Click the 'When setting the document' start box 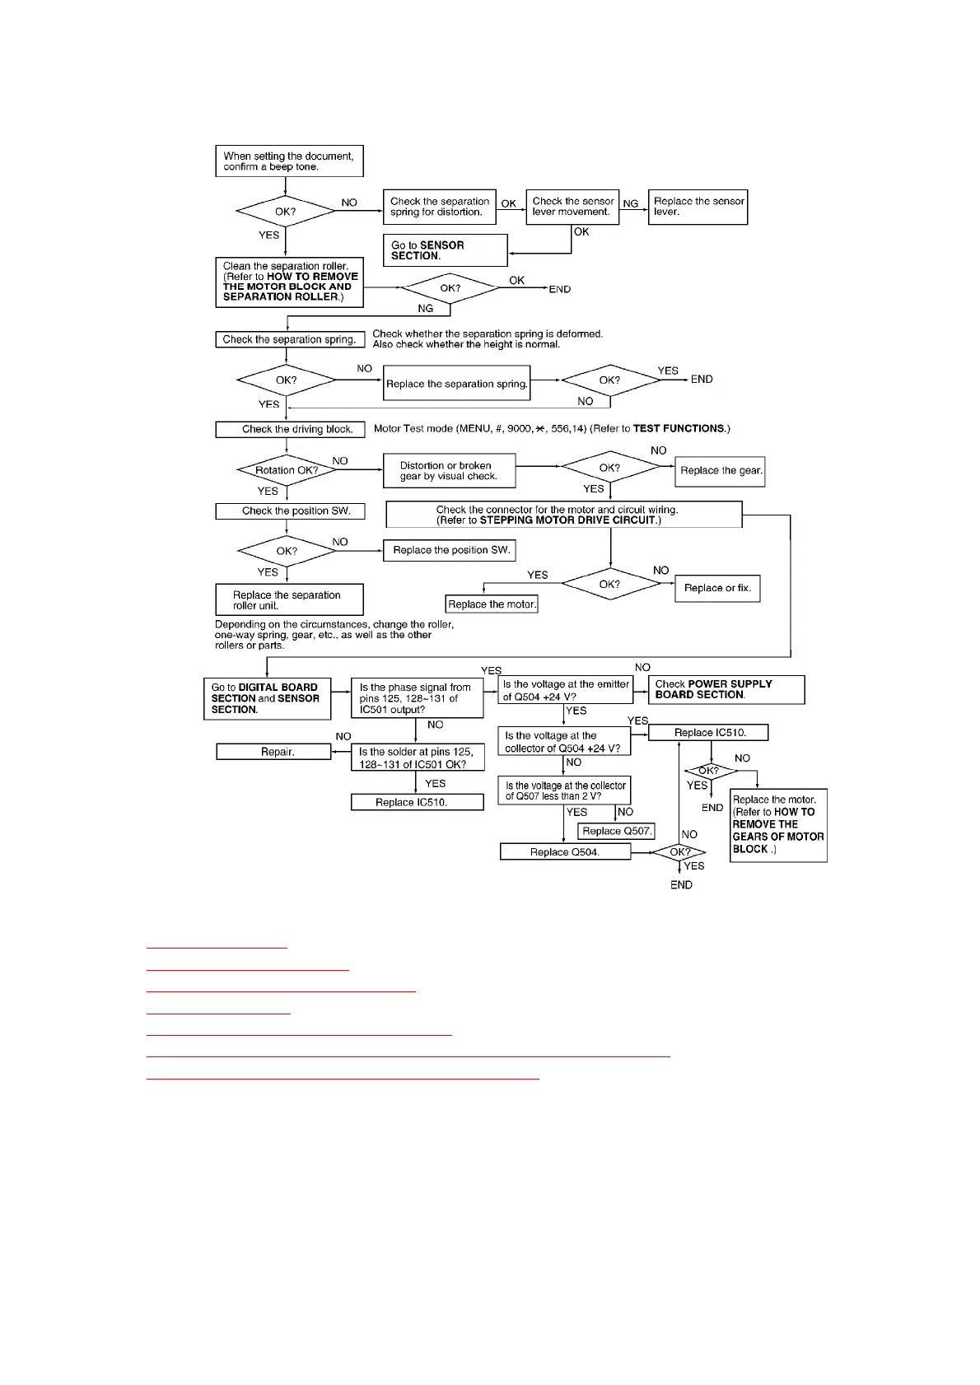(289, 161)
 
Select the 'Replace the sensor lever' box (698, 207)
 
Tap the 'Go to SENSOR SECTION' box (445, 250)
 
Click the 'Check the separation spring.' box (290, 339)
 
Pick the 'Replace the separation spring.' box (457, 384)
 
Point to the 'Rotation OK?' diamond (287, 470)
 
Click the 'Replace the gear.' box (720, 471)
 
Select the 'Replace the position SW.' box (451, 550)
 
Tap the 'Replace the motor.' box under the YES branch (492, 604)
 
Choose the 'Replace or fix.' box (717, 588)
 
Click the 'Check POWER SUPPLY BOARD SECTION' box (726, 690)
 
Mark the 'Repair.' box (273, 752)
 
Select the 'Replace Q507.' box (616, 831)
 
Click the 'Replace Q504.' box (565, 852)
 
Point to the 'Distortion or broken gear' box (449, 471)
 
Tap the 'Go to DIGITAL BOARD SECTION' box (267, 698)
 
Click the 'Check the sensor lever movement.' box (572, 207)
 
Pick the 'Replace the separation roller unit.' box (289, 600)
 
